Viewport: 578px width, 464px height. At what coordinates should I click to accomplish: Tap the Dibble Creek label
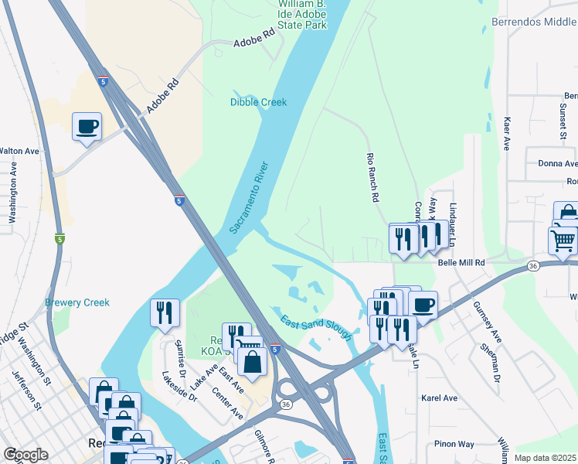click(x=258, y=102)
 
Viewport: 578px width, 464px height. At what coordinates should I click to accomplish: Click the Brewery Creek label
click(x=77, y=302)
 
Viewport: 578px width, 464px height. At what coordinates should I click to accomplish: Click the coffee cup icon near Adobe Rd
click(x=87, y=126)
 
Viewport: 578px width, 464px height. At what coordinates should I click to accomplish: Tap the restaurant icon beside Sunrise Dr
click(x=165, y=312)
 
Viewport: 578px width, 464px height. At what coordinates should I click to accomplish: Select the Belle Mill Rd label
click(x=461, y=263)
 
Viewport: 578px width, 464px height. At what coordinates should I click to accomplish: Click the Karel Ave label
click(x=440, y=398)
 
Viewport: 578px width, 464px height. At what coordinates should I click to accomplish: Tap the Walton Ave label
click(x=19, y=151)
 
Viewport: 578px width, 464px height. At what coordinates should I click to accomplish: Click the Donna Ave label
click(x=557, y=164)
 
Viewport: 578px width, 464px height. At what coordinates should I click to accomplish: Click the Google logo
click(x=25, y=455)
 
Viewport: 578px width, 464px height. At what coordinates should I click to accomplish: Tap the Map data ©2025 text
click(x=546, y=458)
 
